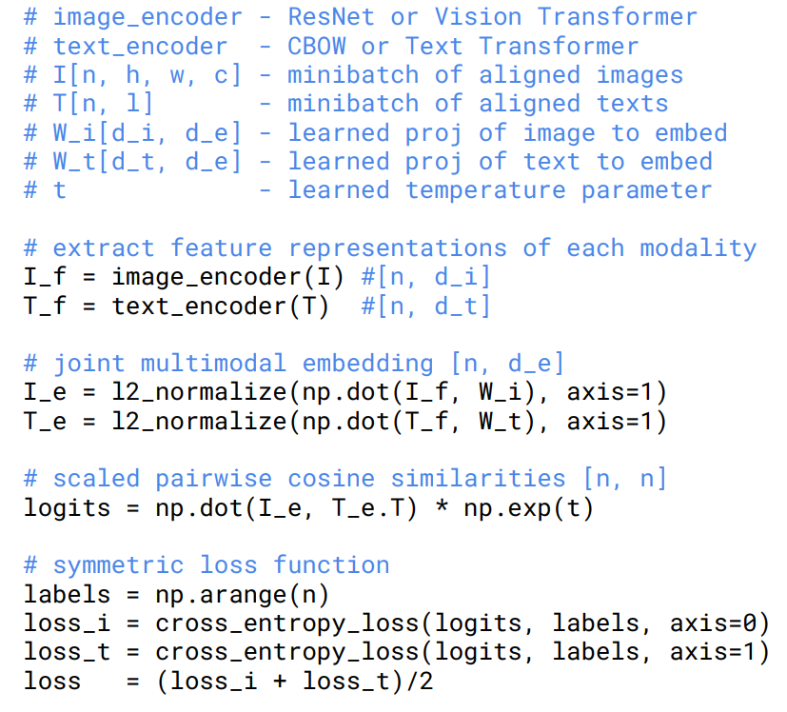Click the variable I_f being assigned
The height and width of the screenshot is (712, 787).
[x=46, y=277]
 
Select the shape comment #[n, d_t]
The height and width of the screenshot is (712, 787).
[x=425, y=306]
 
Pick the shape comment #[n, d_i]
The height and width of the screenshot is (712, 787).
[x=425, y=277]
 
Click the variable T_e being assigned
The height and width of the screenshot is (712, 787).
[x=46, y=421]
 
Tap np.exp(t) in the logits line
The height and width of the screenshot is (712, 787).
[x=528, y=507]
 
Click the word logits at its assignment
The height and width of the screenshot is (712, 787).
[x=68, y=507]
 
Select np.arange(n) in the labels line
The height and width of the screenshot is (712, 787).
[x=243, y=595]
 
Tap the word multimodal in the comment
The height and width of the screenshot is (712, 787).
[x=214, y=364]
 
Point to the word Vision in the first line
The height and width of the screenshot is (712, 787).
[x=478, y=17]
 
